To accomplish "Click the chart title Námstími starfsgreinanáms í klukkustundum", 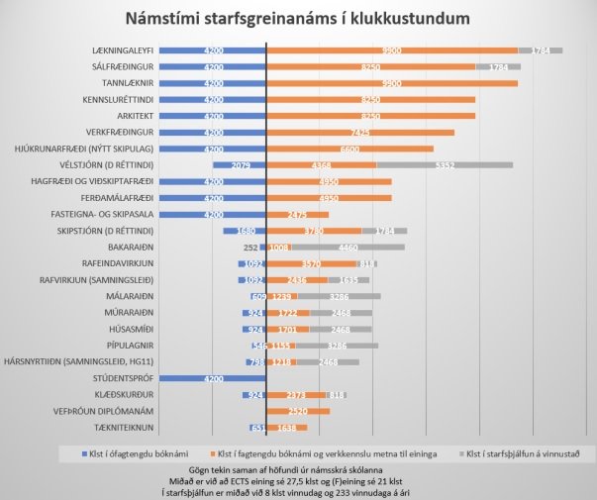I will click(x=297, y=19).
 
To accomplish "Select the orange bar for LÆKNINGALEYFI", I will click(x=393, y=50).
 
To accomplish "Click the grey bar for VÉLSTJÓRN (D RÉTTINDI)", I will click(x=445, y=164).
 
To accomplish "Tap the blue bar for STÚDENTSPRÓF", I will click(x=213, y=377).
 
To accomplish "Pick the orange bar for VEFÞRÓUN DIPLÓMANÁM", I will click(x=299, y=410).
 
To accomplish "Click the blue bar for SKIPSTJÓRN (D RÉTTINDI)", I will click(x=246, y=230).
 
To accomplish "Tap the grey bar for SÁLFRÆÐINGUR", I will click(x=498, y=66).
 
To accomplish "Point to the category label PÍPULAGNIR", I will click(x=127, y=345).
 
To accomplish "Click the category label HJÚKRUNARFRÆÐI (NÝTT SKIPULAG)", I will click(x=83, y=149).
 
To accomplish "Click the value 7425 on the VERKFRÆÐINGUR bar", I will click(x=360, y=132).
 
